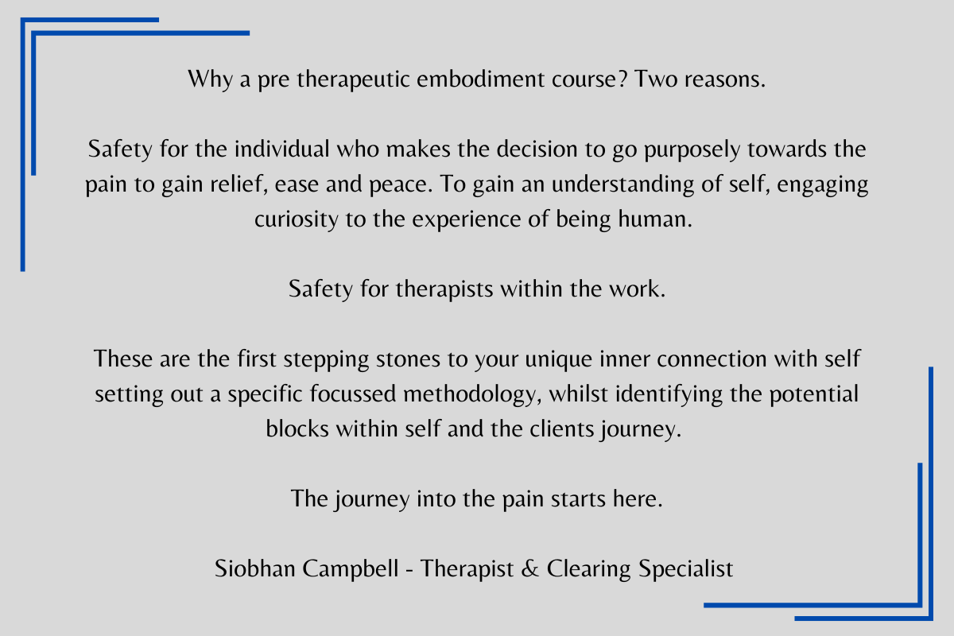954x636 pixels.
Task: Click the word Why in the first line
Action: pos(211,79)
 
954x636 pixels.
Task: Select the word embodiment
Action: pos(480,79)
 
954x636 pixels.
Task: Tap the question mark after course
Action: pos(622,79)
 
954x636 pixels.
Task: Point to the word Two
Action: pos(656,79)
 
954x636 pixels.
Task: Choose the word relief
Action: pos(239,184)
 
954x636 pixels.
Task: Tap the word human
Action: pos(655,219)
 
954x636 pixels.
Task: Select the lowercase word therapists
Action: pos(444,290)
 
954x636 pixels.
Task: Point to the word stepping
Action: pos(326,360)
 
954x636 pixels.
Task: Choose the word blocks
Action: pos(297,429)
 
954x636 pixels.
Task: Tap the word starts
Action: pos(578,499)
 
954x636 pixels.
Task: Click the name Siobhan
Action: pos(254,568)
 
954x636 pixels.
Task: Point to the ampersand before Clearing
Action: pos(529,568)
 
